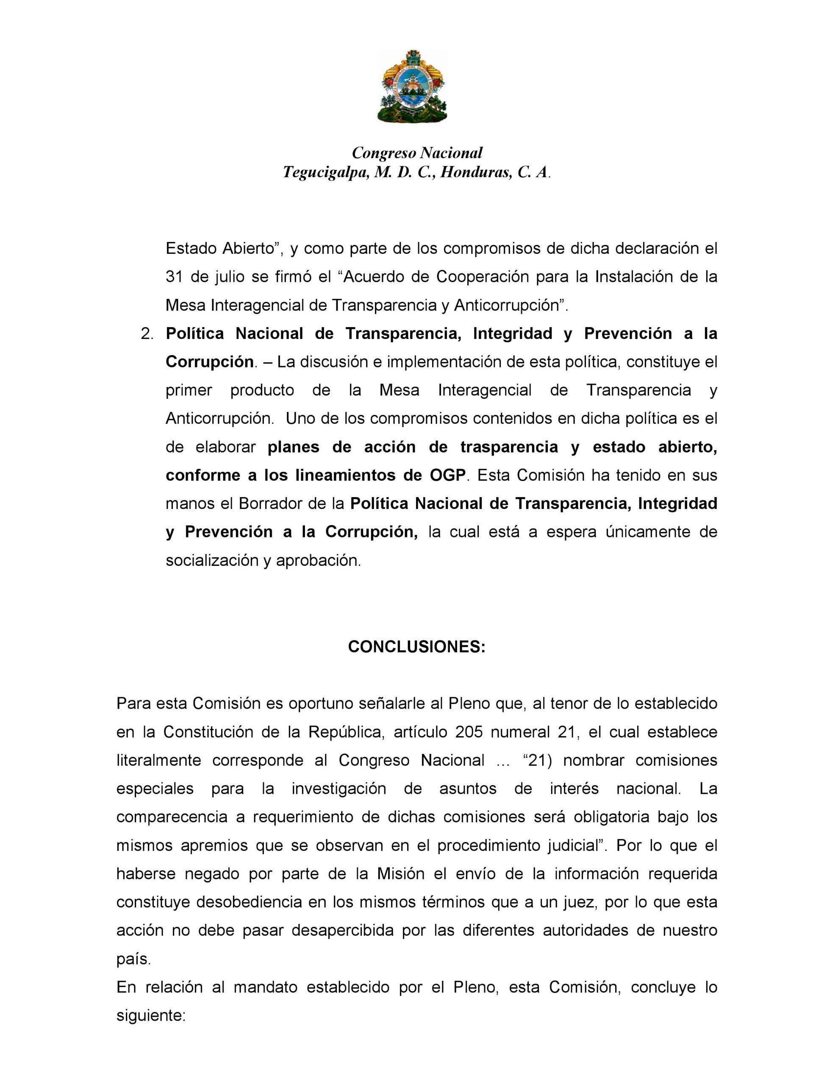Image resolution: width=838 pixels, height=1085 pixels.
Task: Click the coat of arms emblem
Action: point(412,86)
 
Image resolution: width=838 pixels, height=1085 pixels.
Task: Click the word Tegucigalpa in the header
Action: point(325,172)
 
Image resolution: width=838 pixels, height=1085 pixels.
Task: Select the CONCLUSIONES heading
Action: point(416,646)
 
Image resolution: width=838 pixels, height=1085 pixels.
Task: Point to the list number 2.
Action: point(147,334)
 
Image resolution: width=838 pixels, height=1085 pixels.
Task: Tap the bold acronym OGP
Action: point(447,476)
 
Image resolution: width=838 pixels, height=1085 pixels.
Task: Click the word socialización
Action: point(213,560)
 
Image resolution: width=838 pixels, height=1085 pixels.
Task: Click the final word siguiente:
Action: point(150,1015)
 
